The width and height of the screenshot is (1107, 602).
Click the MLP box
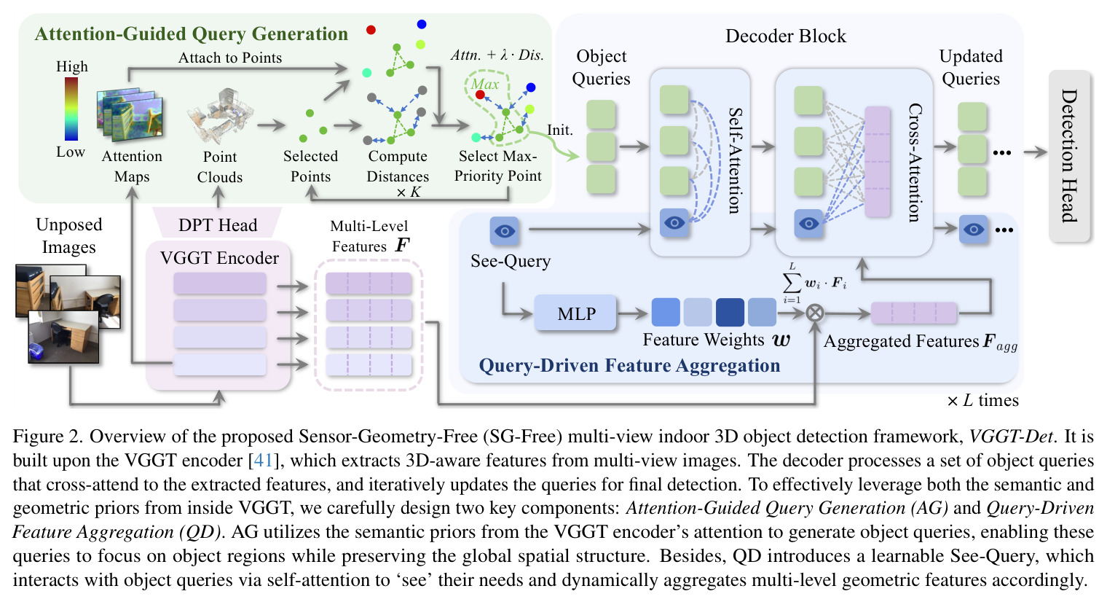point(576,313)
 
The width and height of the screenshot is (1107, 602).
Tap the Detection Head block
point(1069,156)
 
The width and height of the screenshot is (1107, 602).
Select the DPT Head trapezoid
point(218,224)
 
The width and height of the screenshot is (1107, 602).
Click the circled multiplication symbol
point(815,313)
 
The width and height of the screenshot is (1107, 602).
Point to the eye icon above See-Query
point(504,231)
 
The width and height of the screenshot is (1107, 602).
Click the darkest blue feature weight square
point(730,312)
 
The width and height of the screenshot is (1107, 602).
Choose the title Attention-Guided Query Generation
point(192,34)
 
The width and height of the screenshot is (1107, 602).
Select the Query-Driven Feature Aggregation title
point(629,365)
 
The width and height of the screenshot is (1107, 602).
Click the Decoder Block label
point(785,36)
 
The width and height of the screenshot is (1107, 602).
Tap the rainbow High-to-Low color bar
point(71,109)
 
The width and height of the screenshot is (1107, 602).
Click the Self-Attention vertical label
point(736,160)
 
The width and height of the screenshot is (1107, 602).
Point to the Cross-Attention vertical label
point(915,163)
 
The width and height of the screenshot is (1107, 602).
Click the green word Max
point(485,85)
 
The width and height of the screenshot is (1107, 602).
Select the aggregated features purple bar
point(914,313)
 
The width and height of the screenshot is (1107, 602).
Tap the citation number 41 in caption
point(263,461)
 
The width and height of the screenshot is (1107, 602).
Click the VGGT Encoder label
point(219,258)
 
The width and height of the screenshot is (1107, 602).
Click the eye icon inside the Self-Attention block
point(674,222)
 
